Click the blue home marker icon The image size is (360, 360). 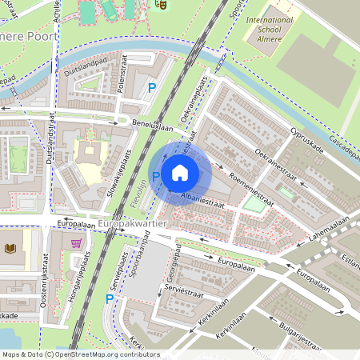pyautogui.click(x=180, y=172)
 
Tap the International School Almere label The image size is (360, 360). pyautogui.click(x=270, y=29)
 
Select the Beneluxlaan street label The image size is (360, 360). pyautogui.click(x=153, y=127)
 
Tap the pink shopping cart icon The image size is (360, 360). pyautogui.click(x=76, y=243)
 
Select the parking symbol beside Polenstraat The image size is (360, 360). pyautogui.click(x=152, y=89)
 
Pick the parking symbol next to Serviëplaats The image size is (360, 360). pyautogui.click(x=110, y=298)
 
